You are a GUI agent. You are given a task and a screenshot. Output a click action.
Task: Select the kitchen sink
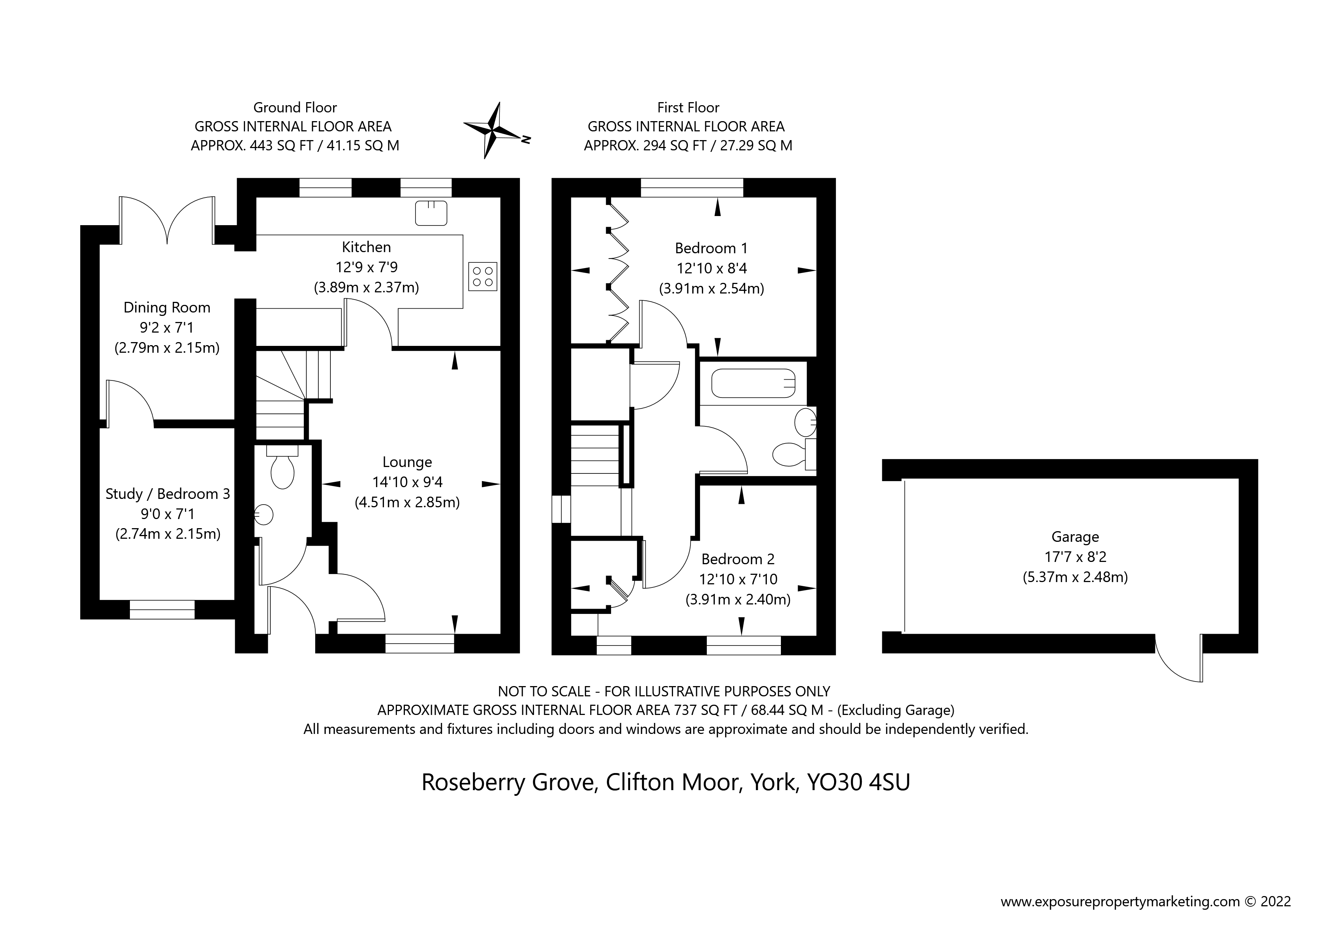click(431, 213)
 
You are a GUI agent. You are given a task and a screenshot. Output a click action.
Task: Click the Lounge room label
click(407, 462)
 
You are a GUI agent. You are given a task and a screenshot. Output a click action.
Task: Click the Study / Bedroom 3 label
click(167, 494)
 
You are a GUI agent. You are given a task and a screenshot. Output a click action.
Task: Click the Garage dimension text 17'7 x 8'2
click(1075, 557)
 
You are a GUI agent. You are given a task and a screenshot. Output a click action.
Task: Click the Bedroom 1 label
click(711, 248)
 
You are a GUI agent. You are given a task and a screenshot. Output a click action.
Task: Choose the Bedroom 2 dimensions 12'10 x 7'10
click(738, 579)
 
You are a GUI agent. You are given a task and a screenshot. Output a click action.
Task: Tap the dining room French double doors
click(167, 221)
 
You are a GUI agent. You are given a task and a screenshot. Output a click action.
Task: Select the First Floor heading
click(688, 107)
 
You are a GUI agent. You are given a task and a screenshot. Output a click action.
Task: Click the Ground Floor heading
click(295, 107)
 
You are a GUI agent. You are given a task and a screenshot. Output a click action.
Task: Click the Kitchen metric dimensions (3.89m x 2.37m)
click(366, 287)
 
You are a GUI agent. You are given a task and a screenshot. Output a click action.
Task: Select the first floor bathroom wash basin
click(806, 422)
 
